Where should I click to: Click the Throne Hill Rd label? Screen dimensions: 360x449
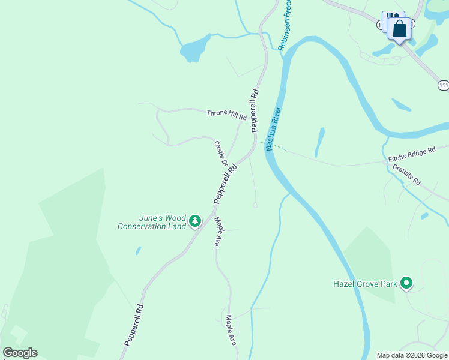(x=226, y=114)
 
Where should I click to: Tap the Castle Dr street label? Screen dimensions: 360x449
(x=220, y=153)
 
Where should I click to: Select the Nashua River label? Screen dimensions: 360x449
(x=273, y=128)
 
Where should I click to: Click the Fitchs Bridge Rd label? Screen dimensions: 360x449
(x=412, y=155)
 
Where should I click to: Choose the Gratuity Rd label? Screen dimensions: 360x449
(x=407, y=175)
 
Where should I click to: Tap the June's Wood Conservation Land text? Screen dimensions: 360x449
(x=152, y=222)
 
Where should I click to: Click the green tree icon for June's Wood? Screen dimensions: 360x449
(x=194, y=222)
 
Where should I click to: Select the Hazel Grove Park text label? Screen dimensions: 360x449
(x=366, y=283)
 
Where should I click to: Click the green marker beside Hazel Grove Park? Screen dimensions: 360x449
(x=406, y=283)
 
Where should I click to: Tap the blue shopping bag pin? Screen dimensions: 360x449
(x=399, y=28)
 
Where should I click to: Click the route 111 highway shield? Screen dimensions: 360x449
(x=443, y=86)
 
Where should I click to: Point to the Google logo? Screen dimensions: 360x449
(x=20, y=353)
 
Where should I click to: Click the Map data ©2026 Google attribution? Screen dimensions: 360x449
(x=412, y=355)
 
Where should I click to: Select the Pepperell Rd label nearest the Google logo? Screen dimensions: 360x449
(x=134, y=325)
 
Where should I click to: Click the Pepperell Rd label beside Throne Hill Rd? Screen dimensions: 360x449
(x=256, y=103)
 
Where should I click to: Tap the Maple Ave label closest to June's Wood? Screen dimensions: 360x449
(x=219, y=232)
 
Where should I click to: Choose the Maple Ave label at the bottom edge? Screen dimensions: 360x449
(x=231, y=330)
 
